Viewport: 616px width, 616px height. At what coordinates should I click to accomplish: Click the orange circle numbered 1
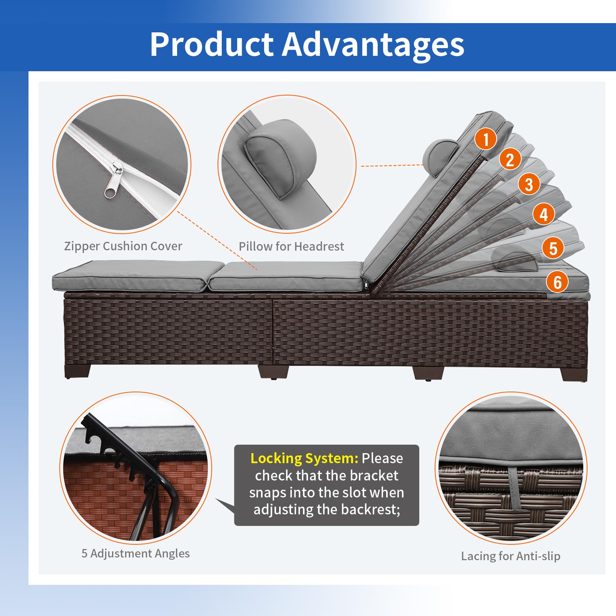(485, 139)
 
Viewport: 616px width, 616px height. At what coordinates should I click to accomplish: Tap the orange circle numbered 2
(510, 159)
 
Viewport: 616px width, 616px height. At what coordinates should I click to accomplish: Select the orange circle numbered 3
(529, 184)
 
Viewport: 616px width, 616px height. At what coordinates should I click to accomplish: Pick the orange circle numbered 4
(544, 214)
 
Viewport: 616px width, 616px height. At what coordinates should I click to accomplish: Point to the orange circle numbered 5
(553, 248)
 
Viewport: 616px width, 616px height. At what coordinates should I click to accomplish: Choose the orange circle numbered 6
(557, 282)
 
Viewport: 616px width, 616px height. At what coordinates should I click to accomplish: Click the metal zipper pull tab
(114, 180)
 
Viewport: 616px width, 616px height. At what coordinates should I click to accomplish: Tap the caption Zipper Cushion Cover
(123, 246)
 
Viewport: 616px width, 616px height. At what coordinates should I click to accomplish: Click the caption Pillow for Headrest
(291, 246)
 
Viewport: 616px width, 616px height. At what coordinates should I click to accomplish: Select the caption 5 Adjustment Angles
(136, 553)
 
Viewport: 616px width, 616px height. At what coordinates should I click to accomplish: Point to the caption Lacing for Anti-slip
(511, 556)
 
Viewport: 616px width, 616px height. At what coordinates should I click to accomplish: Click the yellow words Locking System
(304, 458)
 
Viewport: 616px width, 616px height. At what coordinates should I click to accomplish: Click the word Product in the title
(211, 44)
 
